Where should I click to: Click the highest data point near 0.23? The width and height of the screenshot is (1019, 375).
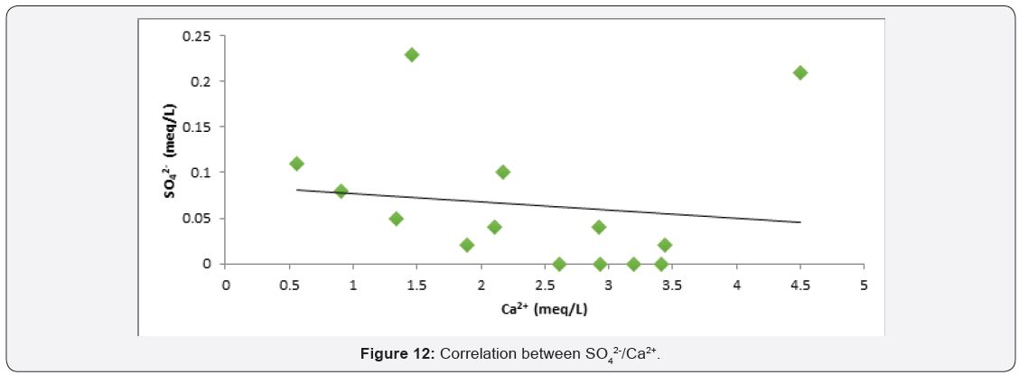pyautogui.click(x=412, y=54)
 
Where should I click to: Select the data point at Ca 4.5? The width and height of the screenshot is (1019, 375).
pyautogui.click(x=799, y=72)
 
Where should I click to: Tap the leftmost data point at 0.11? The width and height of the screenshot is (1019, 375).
pyautogui.click(x=296, y=164)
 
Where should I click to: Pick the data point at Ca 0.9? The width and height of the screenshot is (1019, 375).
pyautogui.click(x=341, y=191)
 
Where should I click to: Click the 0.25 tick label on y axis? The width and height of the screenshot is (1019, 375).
pyautogui.click(x=198, y=36)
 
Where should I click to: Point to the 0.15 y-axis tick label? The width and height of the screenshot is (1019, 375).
pyautogui.click(x=198, y=127)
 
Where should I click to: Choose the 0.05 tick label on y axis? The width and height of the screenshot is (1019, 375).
pyautogui.click(x=198, y=219)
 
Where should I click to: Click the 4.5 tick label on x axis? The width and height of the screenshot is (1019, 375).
pyautogui.click(x=799, y=285)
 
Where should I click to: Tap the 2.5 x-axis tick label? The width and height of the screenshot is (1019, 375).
pyautogui.click(x=545, y=285)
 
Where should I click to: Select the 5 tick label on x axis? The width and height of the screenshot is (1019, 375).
pyautogui.click(x=864, y=285)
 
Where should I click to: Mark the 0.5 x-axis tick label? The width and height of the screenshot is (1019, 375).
pyautogui.click(x=289, y=285)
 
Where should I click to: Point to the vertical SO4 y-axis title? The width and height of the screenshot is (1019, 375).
pyautogui.click(x=171, y=149)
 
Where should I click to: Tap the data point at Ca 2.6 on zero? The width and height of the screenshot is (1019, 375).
pyautogui.click(x=559, y=264)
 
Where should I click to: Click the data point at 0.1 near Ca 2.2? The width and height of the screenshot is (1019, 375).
pyautogui.click(x=502, y=172)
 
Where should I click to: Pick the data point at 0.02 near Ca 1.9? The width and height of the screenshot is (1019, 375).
pyautogui.click(x=466, y=245)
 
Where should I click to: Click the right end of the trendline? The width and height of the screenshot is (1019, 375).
pyautogui.click(x=799, y=222)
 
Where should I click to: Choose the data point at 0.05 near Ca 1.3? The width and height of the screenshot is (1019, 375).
pyautogui.click(x=396, y=219)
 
